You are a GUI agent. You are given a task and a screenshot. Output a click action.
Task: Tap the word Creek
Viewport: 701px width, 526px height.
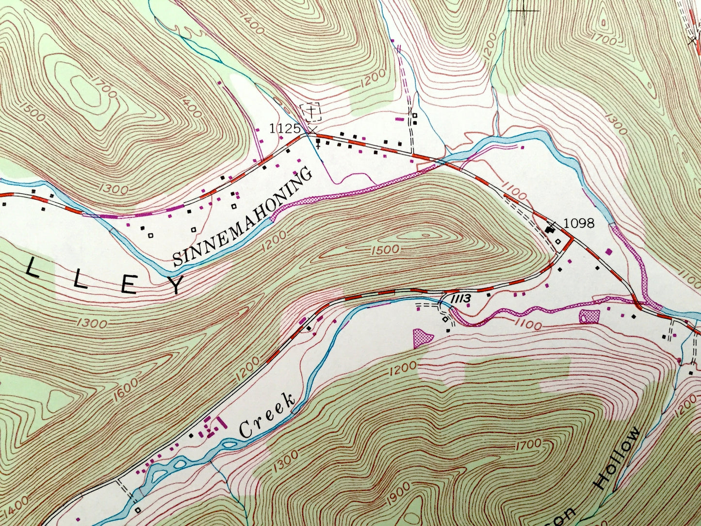[267, 415]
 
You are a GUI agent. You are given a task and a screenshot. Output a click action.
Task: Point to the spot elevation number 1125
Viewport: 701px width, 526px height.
[285, 129]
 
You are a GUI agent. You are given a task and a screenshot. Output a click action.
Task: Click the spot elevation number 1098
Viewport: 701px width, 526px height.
[579, 223]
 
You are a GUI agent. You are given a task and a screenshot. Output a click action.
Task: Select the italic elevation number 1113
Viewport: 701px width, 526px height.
[460, 299]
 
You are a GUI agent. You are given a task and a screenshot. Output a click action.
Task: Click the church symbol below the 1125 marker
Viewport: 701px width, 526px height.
[318, 143]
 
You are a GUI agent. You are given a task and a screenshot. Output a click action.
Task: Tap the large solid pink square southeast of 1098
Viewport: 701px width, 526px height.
[609, 251]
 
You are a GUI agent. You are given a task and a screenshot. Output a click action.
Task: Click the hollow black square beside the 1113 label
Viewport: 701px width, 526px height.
[445, 319]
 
